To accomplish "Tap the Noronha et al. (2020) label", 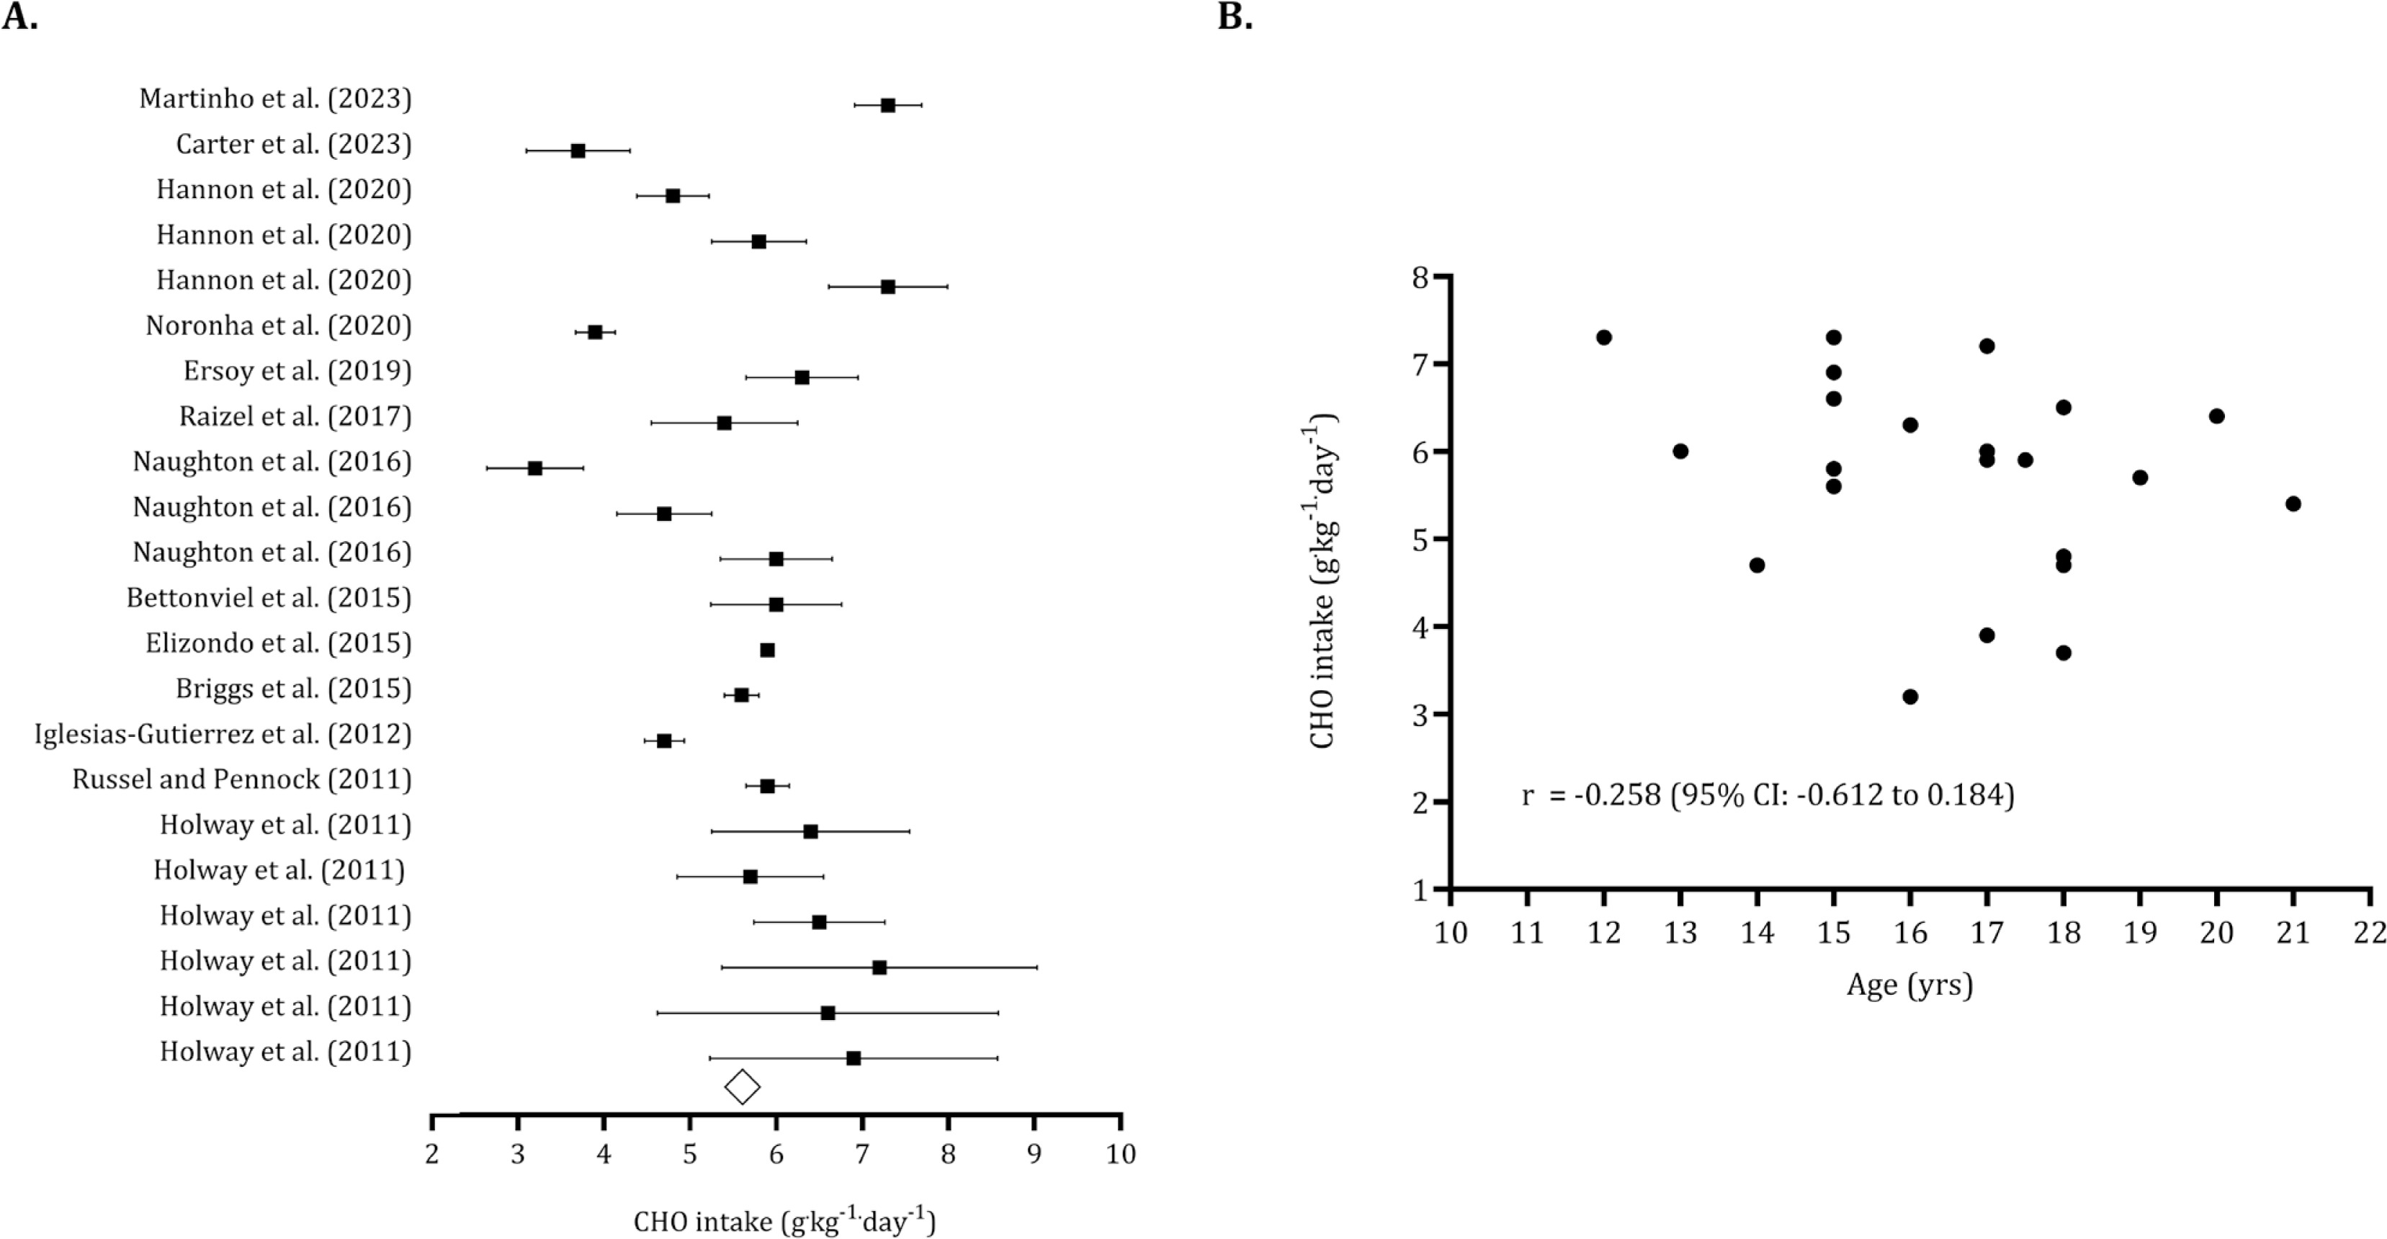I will [x=278, y=326].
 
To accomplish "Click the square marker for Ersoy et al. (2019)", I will [x=802, y=378].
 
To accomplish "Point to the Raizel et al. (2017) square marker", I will [x=725, y=424].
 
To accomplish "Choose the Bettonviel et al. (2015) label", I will [x=269, y=599].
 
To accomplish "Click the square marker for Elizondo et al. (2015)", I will [x=767, y=650].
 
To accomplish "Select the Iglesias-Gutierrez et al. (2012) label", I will [x=223, y=735].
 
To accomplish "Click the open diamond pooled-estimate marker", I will [x=742, y=1087].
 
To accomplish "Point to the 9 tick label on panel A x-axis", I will [x=1034, y=1155].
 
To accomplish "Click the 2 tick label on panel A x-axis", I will [x=432, y=1155].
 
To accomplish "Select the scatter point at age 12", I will [x=1604, y=337].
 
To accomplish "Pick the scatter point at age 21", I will [x=2293, y=504].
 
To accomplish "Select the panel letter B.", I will [x=1235, y=17].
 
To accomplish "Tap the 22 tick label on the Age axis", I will [x=2370, y=932].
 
